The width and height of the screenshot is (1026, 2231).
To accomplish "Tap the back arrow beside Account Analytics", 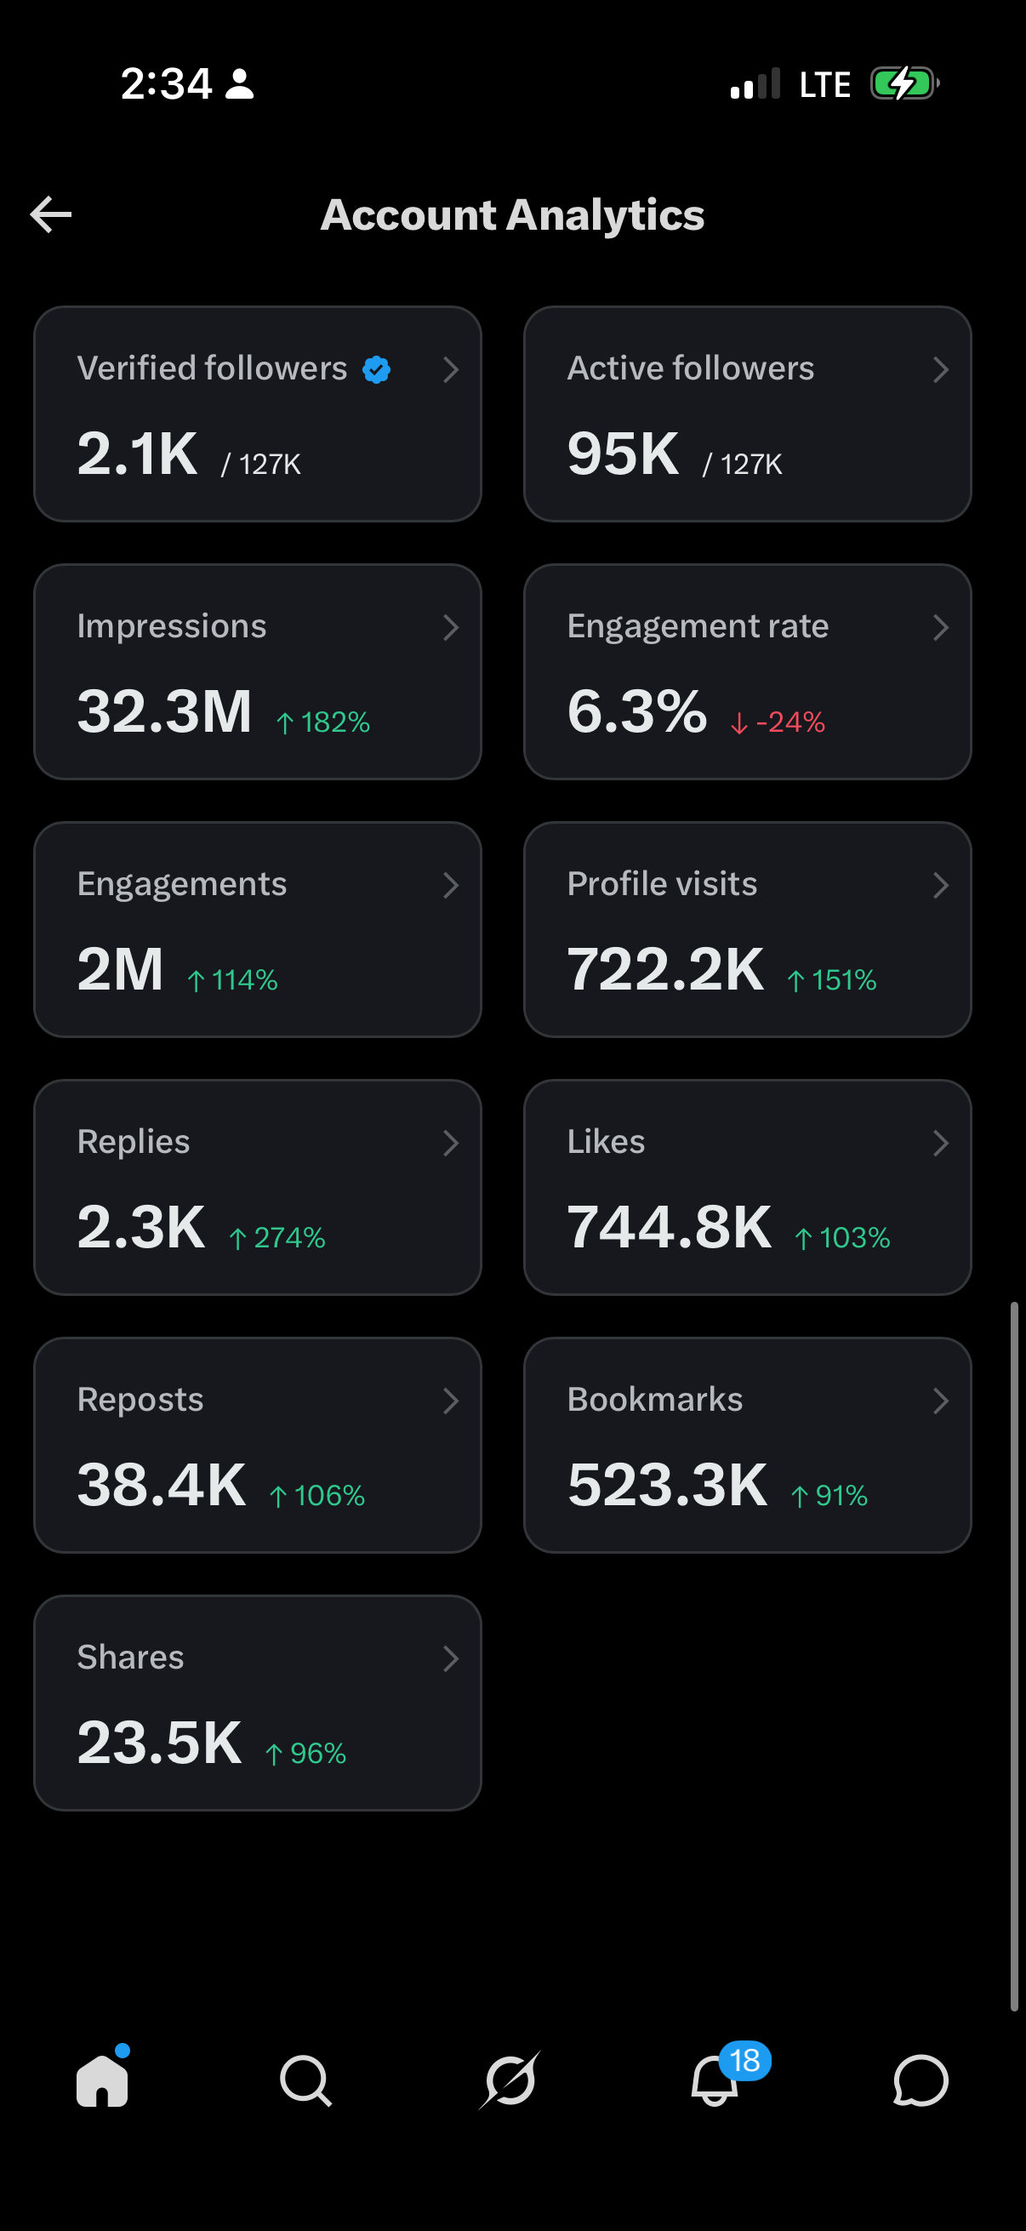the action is [51, 214].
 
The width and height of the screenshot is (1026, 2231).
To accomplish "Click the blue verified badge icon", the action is [377, 370].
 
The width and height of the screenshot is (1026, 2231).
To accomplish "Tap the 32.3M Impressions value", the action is [164, 711].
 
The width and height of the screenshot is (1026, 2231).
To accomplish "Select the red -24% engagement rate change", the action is [778, 722].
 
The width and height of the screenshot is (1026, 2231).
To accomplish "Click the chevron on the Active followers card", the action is [941, 370].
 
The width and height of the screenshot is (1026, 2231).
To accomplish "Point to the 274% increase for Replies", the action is [277, 1238].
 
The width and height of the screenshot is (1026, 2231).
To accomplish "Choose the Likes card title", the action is [606, 1142].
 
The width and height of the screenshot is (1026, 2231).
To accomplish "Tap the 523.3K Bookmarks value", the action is [668, 1485].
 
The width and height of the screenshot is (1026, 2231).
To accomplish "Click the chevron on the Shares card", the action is [451, 1658].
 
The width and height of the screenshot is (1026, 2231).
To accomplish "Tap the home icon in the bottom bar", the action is [102, 2080].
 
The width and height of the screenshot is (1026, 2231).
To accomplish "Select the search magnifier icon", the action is [305, 2080].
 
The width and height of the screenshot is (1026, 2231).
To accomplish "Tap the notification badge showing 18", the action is [744, 2060].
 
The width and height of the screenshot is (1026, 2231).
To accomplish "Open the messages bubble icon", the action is [921, 2080].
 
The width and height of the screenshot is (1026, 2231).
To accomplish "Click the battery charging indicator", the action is [905, 84].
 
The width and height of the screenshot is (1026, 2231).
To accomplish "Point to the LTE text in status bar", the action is [825, 85].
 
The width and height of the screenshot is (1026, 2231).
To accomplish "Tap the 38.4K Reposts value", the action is [162, 1485].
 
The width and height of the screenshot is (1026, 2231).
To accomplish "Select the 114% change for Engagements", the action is [232, 979].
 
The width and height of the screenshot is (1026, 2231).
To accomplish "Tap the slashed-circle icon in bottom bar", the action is [510, 2080].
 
